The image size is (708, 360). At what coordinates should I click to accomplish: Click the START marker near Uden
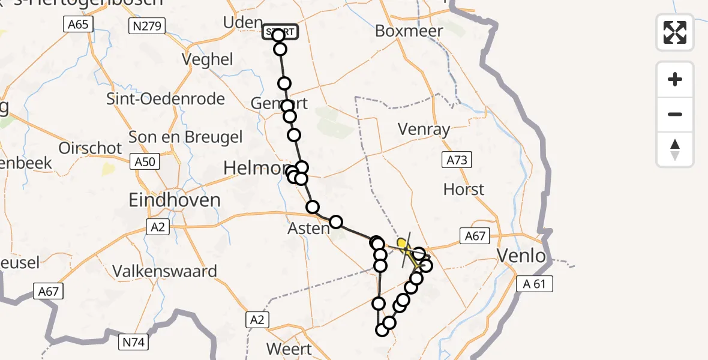(279, 31)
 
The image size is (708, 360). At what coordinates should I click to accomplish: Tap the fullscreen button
(675, 32)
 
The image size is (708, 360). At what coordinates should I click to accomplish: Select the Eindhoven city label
(175, 200)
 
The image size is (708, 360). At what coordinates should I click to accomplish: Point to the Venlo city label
(522, 257)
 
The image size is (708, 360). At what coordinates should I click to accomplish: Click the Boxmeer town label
(409, 31)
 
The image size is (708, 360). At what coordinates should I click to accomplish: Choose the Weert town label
(290, 349)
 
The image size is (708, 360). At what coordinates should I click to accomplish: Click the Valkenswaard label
(165, 271)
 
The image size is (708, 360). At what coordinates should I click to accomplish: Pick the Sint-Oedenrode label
(166, 99)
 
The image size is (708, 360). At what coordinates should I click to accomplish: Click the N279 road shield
(142, 25)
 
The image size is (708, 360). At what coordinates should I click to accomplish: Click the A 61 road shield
(534, 284)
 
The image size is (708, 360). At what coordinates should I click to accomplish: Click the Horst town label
(463, 190)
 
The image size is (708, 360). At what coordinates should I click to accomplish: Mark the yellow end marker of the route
(403, 244)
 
